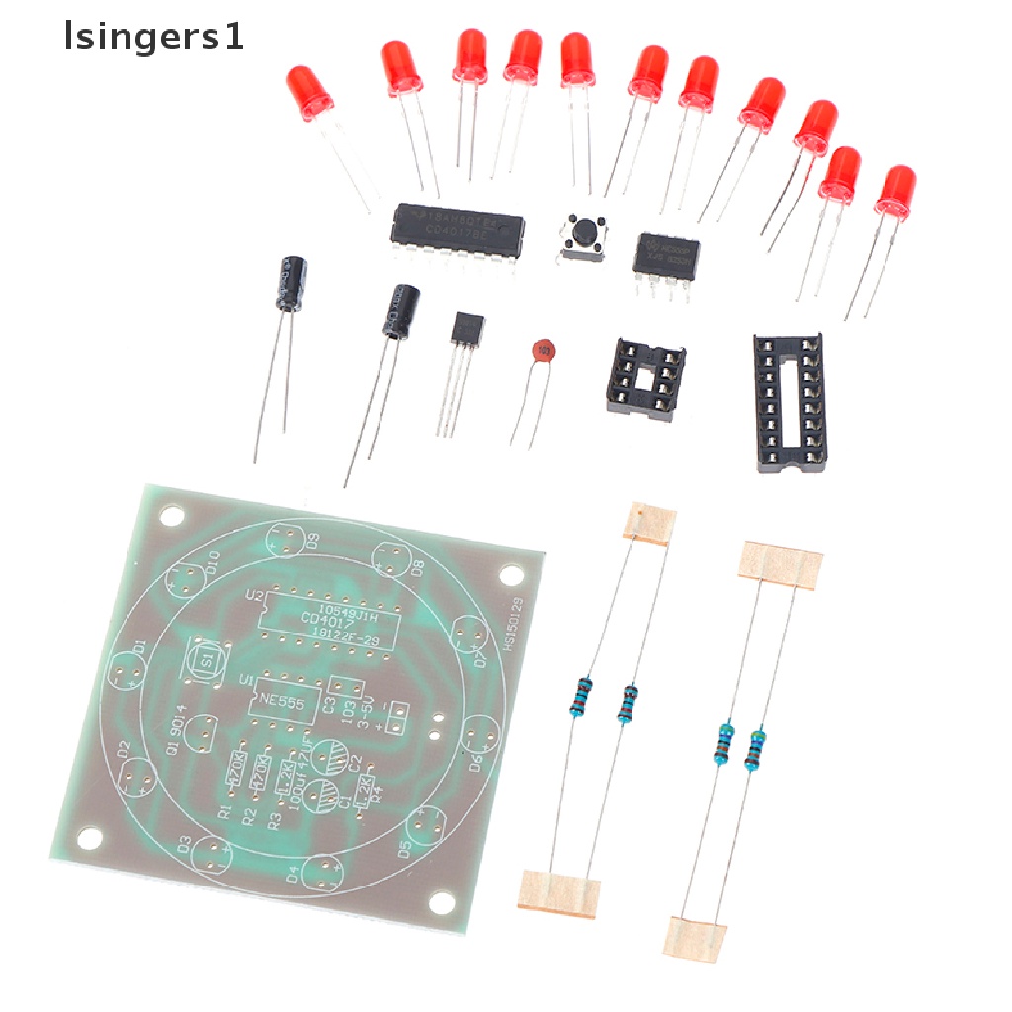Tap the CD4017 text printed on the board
tap(326, 619)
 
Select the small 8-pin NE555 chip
tap(666, 256)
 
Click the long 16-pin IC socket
tap(789, 400)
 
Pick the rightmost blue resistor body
tap(758, 747)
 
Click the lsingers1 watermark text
tap(152, 39)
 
